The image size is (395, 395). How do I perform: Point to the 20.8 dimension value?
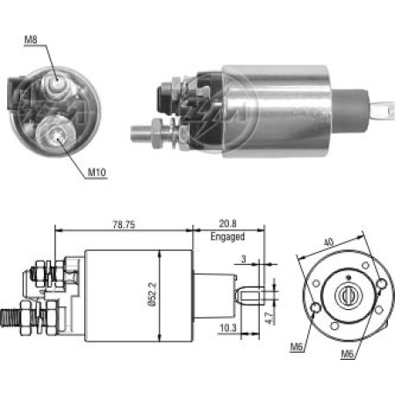pyautogui.click(x=226, y=225)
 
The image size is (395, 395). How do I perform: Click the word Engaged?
pyautogui.click(x=226, y=236)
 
